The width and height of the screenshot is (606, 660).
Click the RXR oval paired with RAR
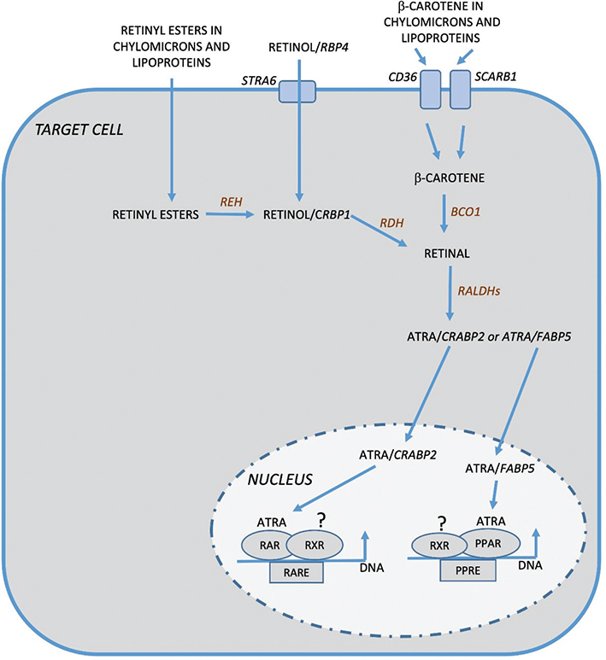click(314, 544)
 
